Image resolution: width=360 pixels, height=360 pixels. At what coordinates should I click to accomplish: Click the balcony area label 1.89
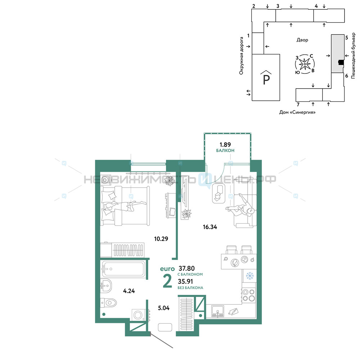click(225, 145)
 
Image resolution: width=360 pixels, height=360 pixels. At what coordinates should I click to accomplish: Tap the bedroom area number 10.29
click(161, 239)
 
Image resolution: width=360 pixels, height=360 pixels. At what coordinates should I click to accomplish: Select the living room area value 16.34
click(210, 227)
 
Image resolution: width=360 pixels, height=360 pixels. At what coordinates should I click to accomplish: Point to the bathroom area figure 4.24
click(129, 291)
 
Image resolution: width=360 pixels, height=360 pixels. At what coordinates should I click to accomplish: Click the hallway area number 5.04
click(164, 308)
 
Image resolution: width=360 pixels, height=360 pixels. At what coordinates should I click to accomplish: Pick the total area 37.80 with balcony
click(186, 268)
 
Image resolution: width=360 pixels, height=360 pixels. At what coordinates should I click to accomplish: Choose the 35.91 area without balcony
click(185, 281)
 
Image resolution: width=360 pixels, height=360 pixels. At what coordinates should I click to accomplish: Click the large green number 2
click(167, 281)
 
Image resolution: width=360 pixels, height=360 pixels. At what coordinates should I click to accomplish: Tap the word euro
click(167, 269)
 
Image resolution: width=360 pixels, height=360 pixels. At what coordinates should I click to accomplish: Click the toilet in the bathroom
click(109, 303)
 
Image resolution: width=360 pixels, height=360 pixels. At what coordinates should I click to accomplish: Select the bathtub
click(123, 269)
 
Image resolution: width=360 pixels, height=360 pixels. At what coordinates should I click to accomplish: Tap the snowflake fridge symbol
click(249, 275)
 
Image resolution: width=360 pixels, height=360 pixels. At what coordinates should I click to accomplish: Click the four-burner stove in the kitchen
click(249, 295)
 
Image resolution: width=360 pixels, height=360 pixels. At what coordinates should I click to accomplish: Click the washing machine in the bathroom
click(139, 315)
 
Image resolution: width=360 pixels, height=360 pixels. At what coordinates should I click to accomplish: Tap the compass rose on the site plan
click(305, 64)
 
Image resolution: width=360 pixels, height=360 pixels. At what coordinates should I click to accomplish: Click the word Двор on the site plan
click(302, 40)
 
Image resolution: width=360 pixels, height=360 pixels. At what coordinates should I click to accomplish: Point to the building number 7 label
click(298, 105)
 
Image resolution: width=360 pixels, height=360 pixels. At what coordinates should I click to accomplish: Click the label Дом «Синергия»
click(297, 112)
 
